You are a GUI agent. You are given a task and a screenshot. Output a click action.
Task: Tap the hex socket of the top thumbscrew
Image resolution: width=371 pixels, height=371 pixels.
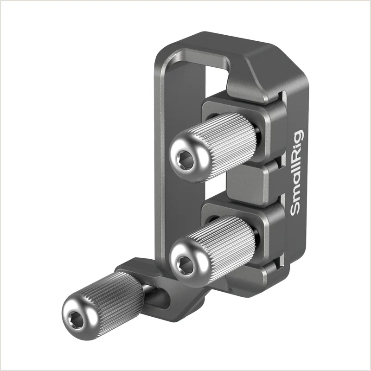coord(185,160)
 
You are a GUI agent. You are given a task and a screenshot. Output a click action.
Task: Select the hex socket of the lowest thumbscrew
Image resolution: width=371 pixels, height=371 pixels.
coord(76,320)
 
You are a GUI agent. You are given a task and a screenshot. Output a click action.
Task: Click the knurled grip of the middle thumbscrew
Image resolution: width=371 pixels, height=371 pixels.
coord(225,249)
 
